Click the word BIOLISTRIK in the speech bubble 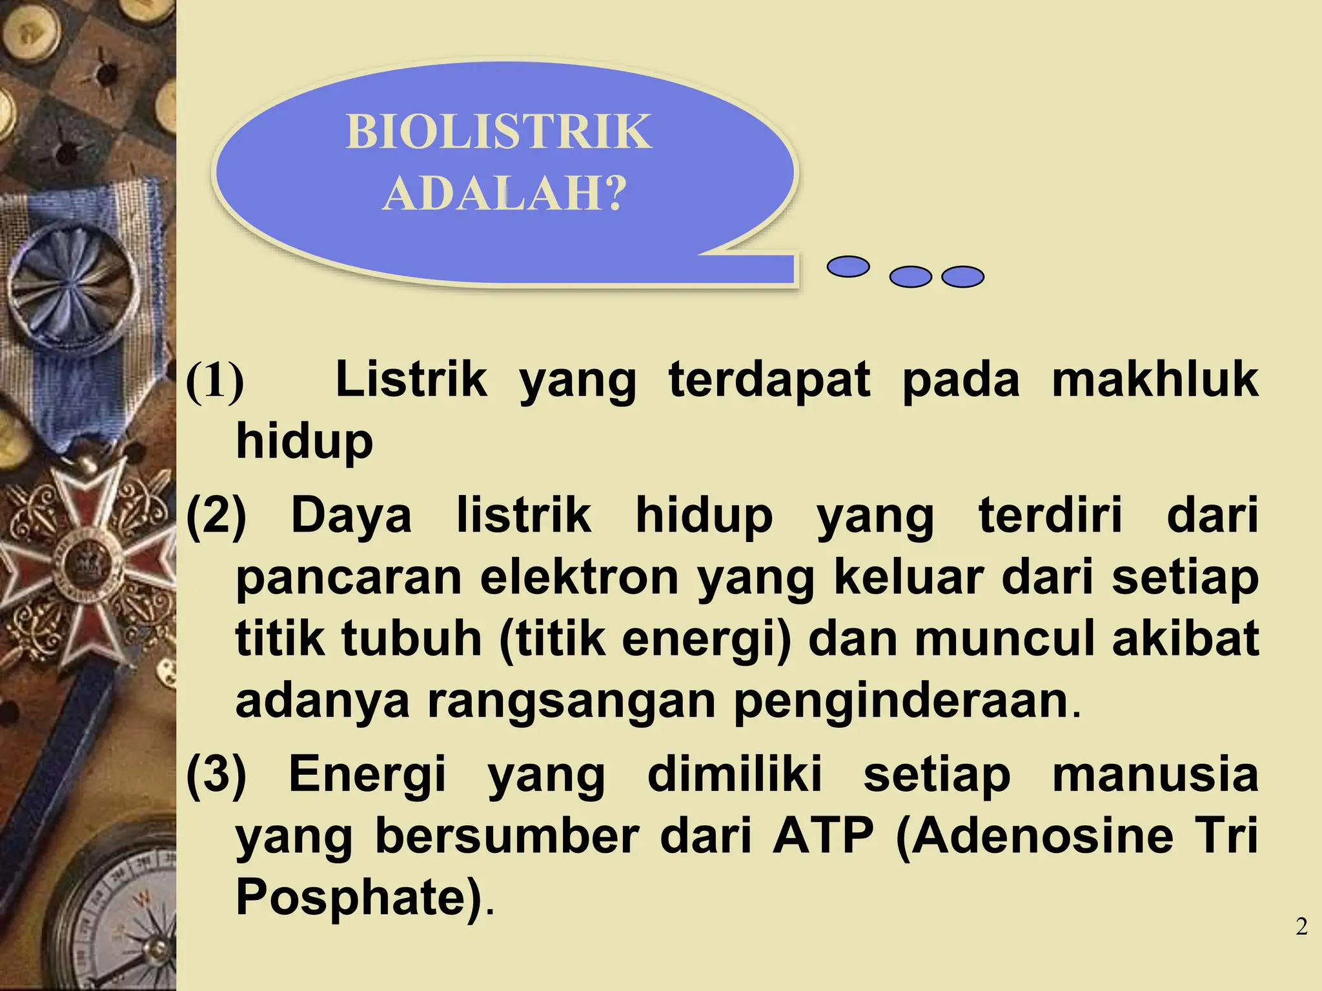498,132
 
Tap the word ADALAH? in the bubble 504,194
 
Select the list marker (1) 215,381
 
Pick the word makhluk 1155,379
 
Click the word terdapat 769,379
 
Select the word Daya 351,516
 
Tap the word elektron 579,577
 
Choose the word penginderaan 900,701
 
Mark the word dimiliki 735,774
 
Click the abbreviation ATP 823,836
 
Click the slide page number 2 1301,927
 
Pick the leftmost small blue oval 848,266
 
